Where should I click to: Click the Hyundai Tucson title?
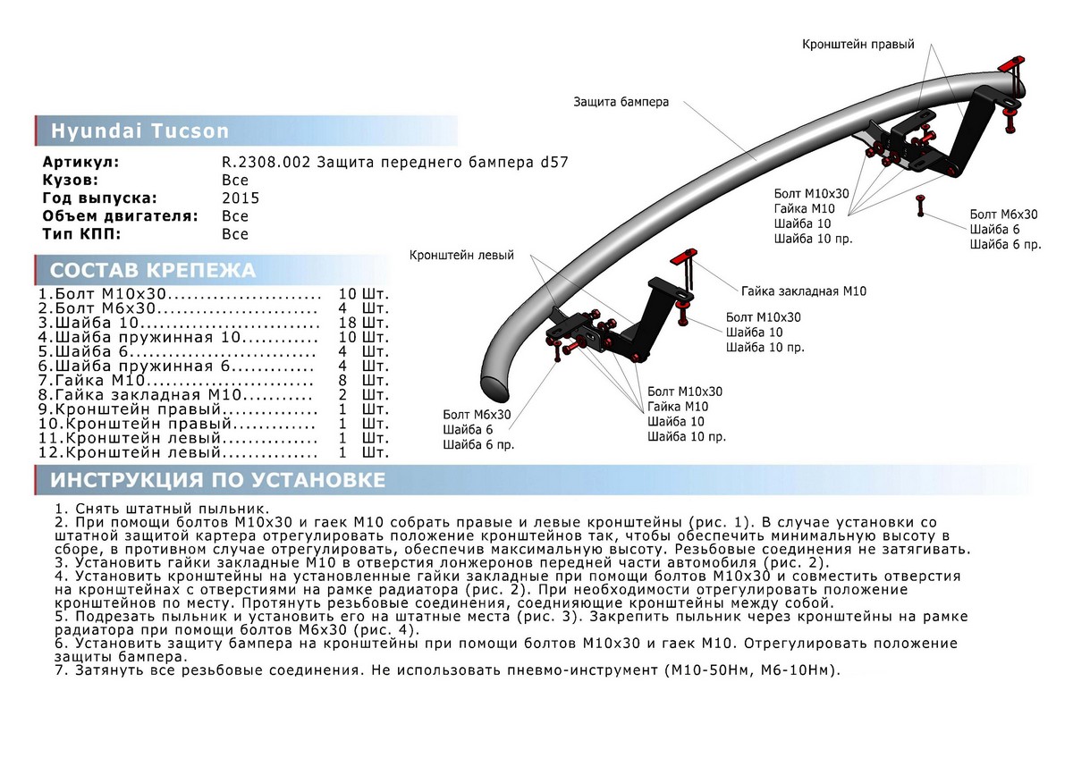tap(139, 131)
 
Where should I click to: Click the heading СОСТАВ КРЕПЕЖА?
tap(153, 271)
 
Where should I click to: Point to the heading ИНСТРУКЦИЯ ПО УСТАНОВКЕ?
tap(218, 481)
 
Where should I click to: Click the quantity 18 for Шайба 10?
tap(348, 323)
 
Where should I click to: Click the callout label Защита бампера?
tap(621, 103)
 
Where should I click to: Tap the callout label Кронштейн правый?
tap(858, 44)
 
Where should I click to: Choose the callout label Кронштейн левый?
tap(461, 256)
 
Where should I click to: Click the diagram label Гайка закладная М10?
tap(803, 291)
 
